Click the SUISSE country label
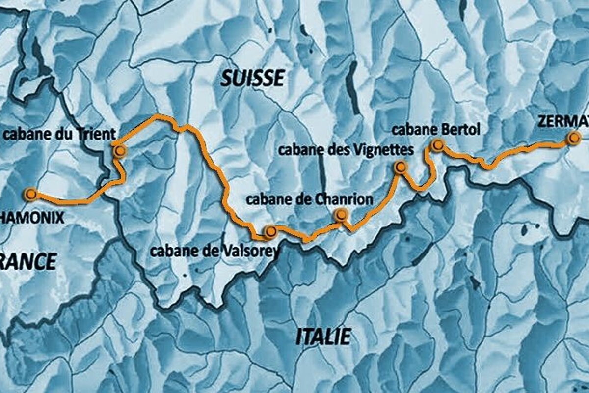253,78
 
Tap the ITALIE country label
323,337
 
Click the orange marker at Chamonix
31,195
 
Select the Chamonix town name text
32,217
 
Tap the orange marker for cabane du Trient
119,151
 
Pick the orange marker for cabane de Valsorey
269,231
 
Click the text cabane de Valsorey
214,252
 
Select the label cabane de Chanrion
309,199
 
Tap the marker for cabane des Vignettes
401,168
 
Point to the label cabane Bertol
436,130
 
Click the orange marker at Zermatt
572,139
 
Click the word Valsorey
251,252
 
